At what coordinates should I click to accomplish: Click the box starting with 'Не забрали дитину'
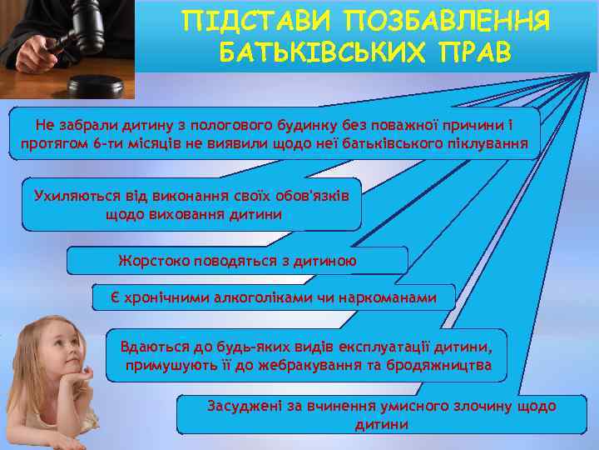(x=274, y=134)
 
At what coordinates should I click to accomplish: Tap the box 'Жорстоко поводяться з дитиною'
(x=237, y=260)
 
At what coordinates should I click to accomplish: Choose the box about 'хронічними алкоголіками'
(x=274, y=297)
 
